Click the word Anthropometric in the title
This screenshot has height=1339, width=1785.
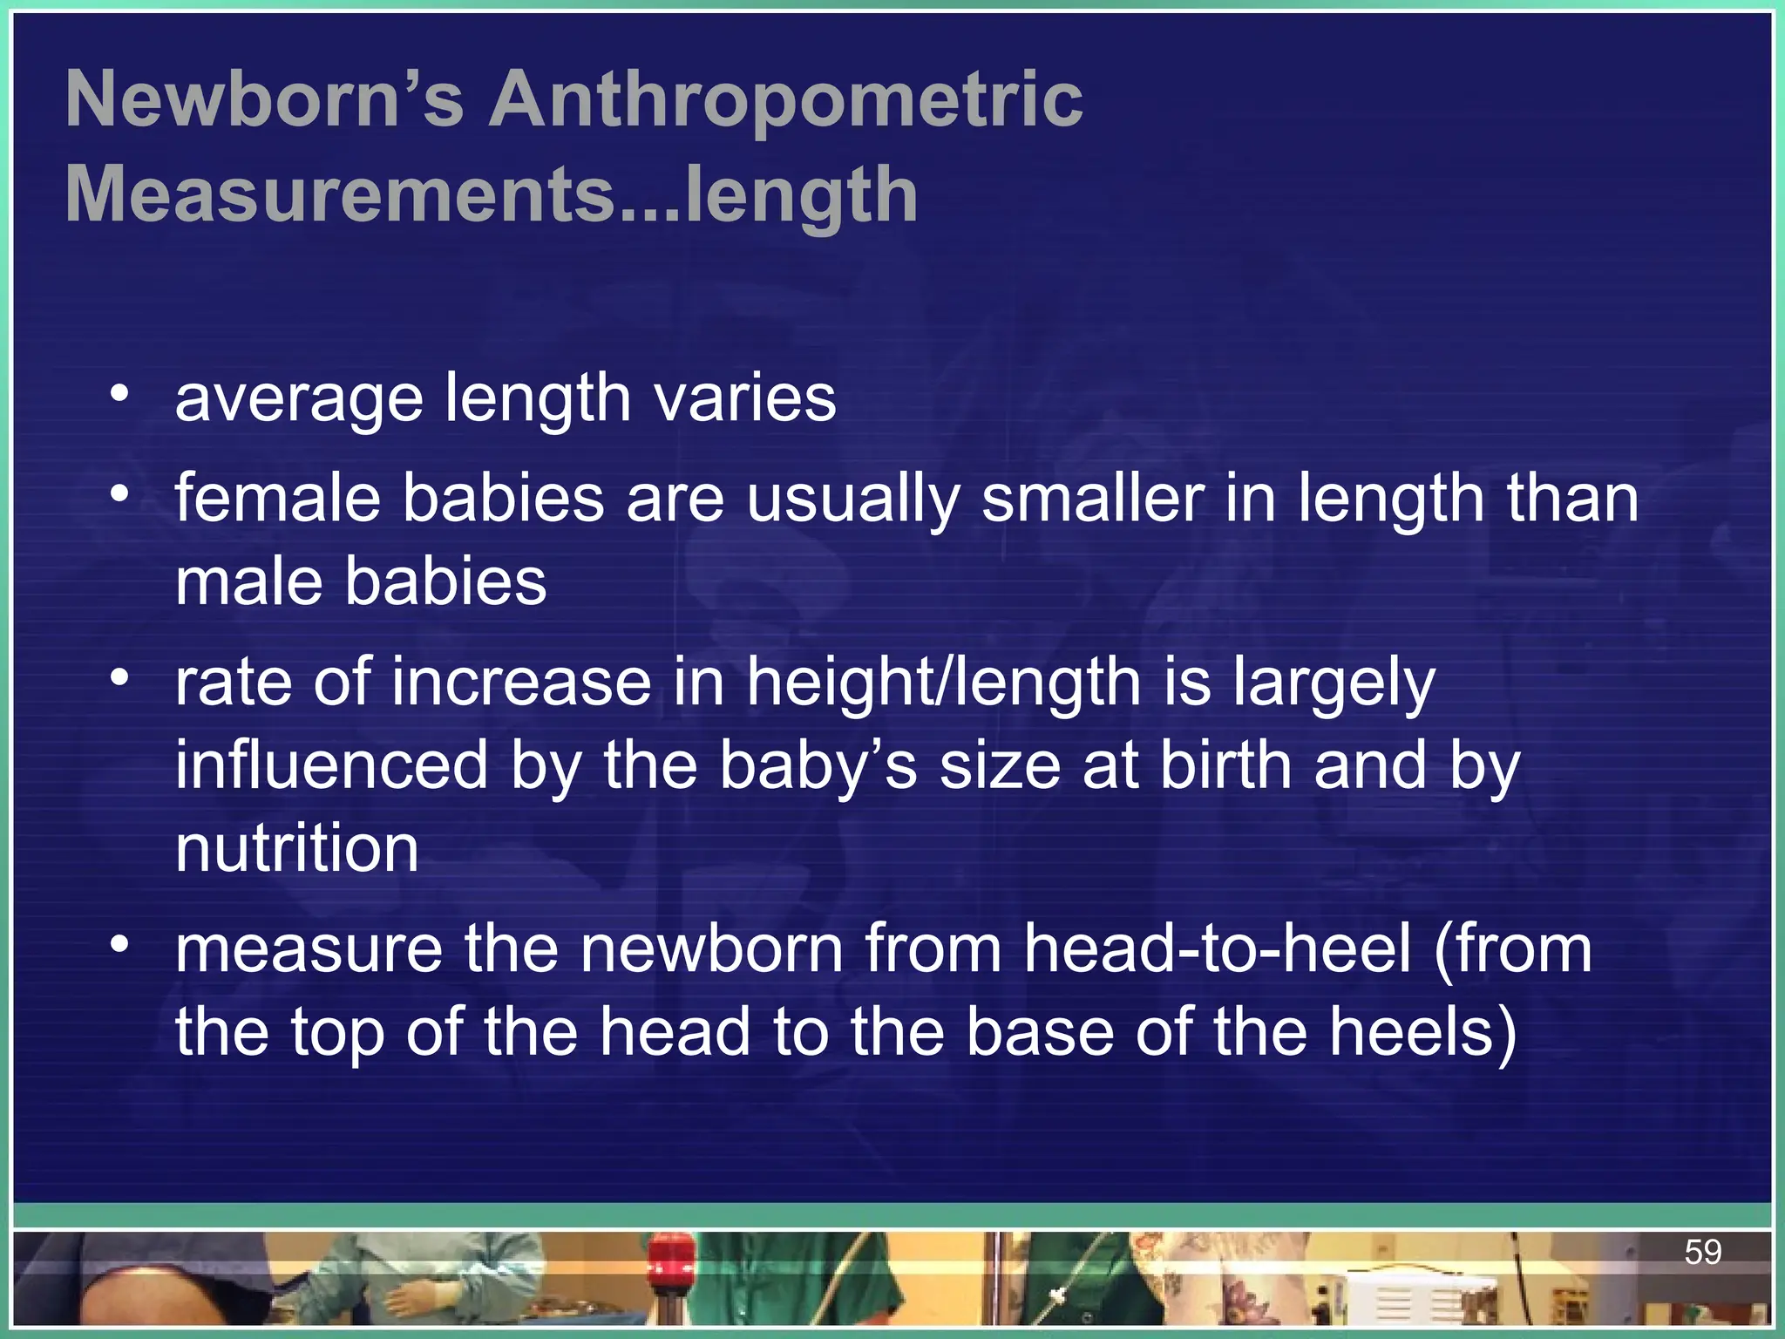[784, 100]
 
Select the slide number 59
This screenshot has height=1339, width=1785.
[1702, 1252]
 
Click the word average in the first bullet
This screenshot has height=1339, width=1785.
[299, 398]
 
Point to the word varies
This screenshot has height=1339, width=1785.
[745, 398]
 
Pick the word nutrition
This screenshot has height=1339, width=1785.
[297, 848]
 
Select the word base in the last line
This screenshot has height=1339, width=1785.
[1040, 1032]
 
